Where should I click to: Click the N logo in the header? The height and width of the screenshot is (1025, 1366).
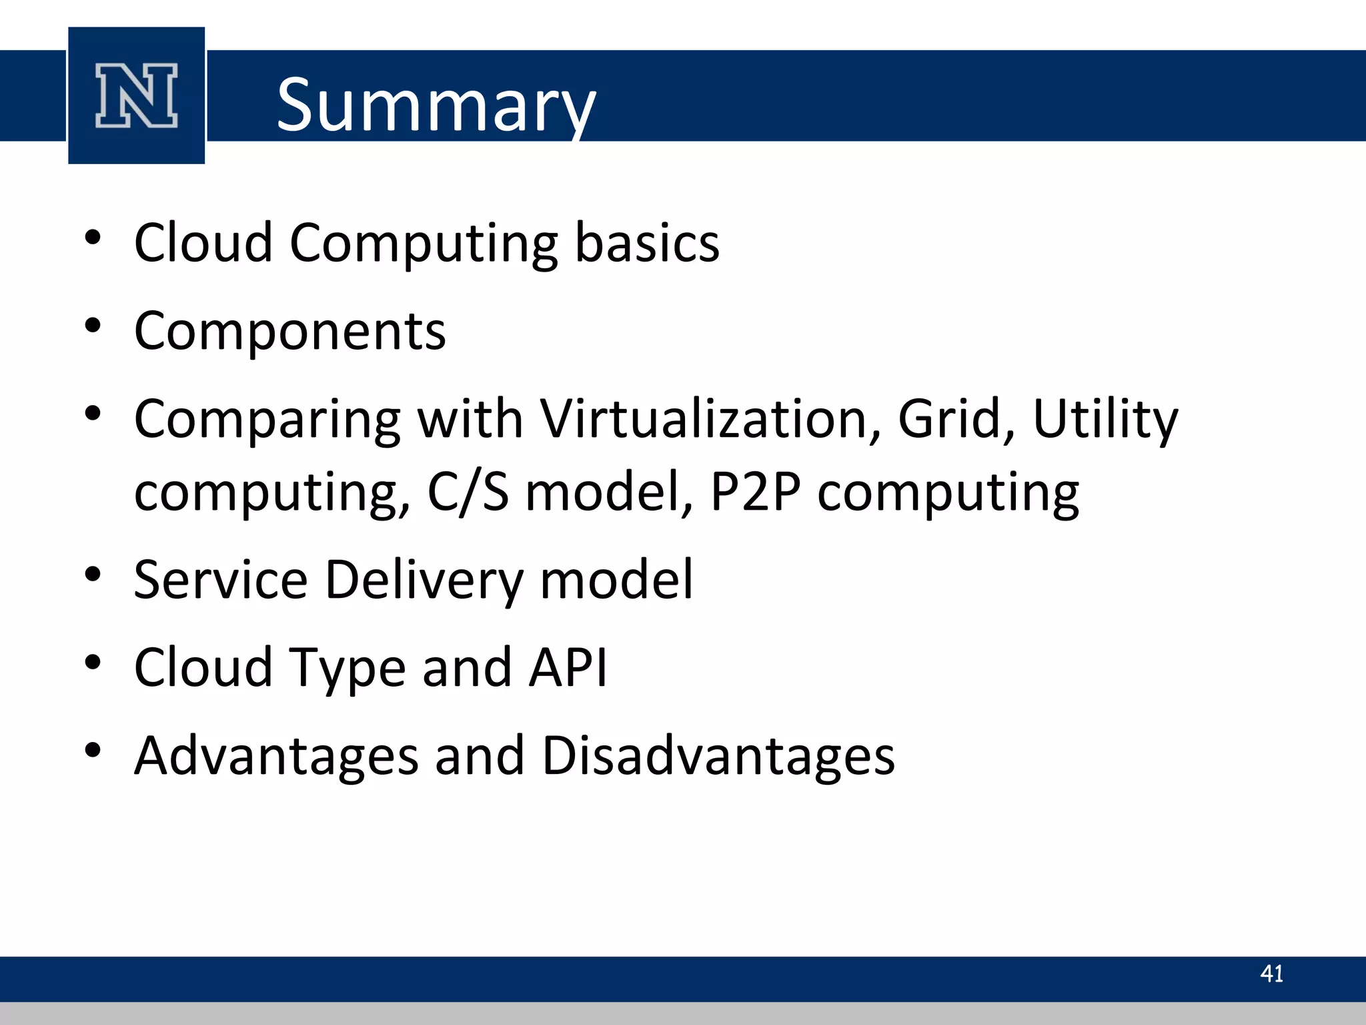click(137, 95)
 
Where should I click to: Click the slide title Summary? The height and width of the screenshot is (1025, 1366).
click(436, 105)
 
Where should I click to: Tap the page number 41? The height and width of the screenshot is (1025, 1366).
click(1271, 974)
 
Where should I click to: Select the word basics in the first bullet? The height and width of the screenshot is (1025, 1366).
click(647, 242)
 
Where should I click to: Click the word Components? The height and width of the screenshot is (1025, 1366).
click(289, 331)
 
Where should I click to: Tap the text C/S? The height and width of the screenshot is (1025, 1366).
click(468, 492)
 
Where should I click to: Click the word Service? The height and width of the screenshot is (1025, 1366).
click(220, 579)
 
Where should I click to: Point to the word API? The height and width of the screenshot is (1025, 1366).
click(568, 667)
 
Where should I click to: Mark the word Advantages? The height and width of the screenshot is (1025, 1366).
click(276, 756)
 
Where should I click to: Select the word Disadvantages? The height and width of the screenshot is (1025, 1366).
click(718, 756)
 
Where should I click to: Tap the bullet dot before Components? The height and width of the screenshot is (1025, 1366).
click(93, 326)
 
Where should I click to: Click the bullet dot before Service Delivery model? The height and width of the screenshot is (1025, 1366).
click(93, 574)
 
